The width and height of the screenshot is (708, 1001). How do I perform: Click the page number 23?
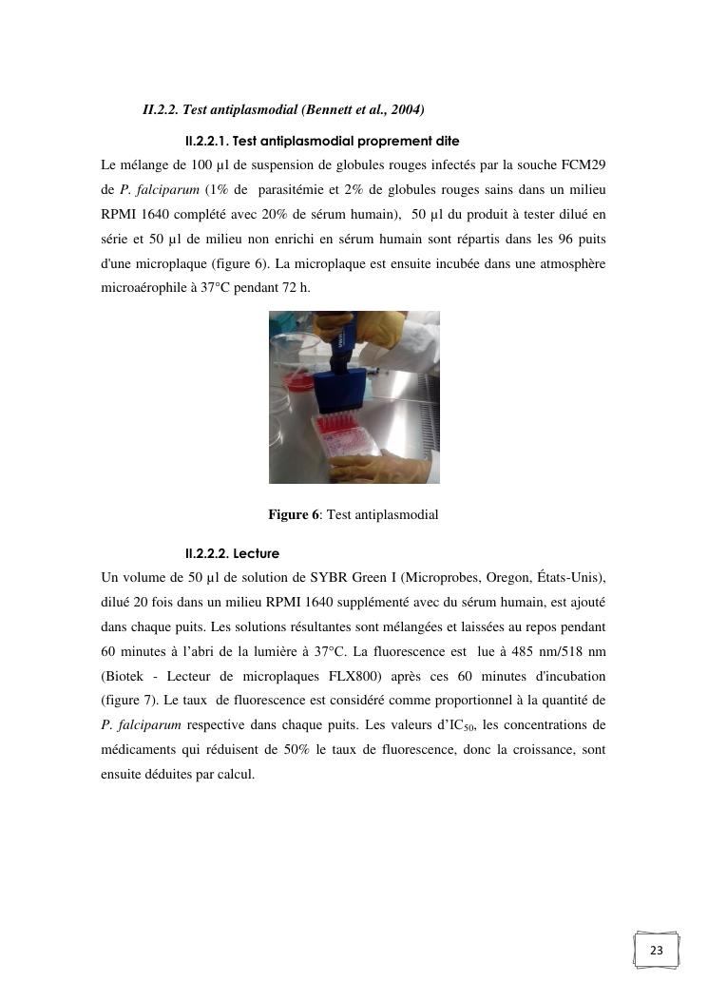(x=657, y=951)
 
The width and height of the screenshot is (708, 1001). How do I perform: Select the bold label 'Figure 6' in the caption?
(x=294, y=515)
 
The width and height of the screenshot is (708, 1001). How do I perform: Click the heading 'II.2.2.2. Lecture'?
(x=233, y=553)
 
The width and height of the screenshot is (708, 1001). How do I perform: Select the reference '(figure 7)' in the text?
(x=131, y=703)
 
